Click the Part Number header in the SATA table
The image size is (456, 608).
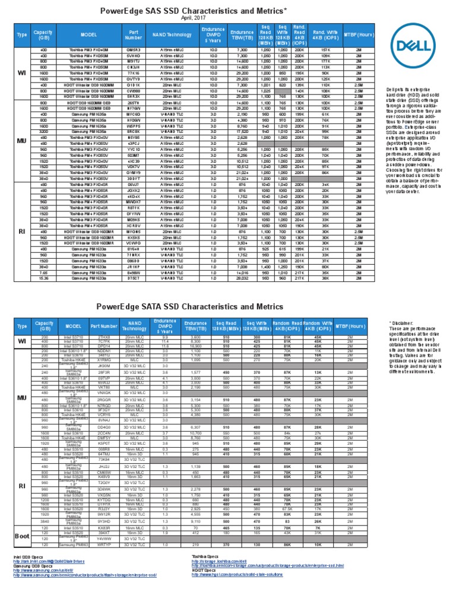point(104,326)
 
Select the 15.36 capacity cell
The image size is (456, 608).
point(44,277)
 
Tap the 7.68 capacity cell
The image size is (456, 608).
point(44,272)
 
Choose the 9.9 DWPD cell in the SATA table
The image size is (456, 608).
point(164,337)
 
